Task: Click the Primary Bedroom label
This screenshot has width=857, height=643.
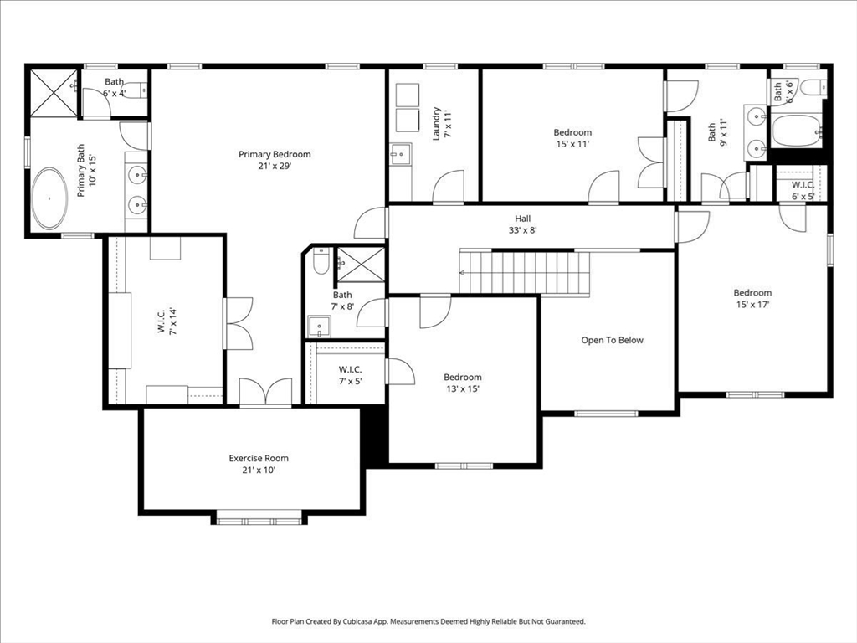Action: click(x=275, y=154)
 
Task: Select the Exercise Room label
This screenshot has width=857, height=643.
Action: click(x=259, y=458)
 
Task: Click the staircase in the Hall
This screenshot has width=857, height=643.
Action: click(x=526, y=272)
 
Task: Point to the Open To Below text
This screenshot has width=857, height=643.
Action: click(x=613, y=340)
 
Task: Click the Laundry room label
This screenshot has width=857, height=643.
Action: click(x=436, y=123)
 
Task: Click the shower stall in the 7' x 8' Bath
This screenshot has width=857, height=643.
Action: click(x=361, y=264)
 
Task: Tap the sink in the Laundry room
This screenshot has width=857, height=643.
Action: click(x=400, y=154)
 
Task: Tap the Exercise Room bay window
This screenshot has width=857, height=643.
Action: click(x=259, y=520)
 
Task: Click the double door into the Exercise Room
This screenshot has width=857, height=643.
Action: click(x=265, y=392)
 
